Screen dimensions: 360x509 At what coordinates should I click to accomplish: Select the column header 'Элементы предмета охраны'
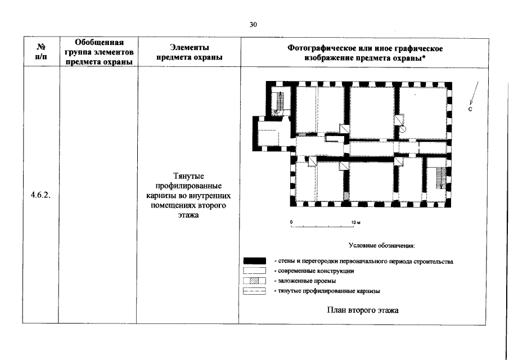point(188,53)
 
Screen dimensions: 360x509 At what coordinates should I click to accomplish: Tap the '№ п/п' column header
point(41,53)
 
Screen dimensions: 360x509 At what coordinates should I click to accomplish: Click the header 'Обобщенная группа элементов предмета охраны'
point(98,53)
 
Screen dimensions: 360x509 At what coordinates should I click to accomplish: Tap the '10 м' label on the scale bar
point(354,223)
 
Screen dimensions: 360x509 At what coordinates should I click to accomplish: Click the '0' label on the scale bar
point(291,223)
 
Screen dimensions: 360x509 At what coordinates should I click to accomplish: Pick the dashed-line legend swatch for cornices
point(254,291)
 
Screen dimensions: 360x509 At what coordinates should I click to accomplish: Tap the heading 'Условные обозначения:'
point(382,246)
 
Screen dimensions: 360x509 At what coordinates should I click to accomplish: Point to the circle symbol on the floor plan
point(403,128)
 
